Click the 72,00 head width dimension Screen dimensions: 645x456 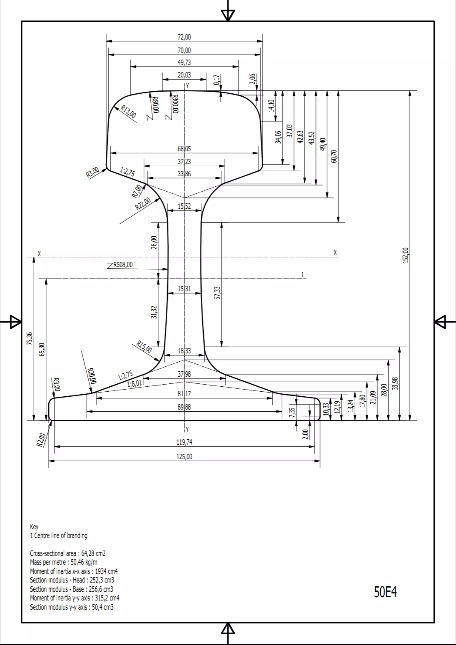point(184,37)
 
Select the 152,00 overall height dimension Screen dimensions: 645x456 point(405,255)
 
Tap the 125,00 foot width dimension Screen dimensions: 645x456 point(184,457)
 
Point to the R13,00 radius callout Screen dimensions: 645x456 point(128,111)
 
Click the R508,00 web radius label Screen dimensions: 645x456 point(123,265)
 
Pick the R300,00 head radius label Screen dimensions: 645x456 point(175,104)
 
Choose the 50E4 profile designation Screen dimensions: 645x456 point(385,592)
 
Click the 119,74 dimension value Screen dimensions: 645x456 point(184,442)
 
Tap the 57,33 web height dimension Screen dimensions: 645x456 point(217,293)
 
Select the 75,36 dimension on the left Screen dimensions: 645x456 point(30,338)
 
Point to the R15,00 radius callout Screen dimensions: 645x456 point(144,347)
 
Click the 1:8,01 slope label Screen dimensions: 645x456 point(135,384)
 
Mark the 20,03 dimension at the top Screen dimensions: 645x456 point(184,75)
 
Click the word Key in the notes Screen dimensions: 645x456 point(34,527)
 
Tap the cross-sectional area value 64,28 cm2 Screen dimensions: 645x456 point(93,553)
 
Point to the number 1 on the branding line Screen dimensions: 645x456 point(303,275)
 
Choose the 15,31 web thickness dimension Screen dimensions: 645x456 point(184,289)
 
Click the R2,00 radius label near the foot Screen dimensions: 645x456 point(41,440)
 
